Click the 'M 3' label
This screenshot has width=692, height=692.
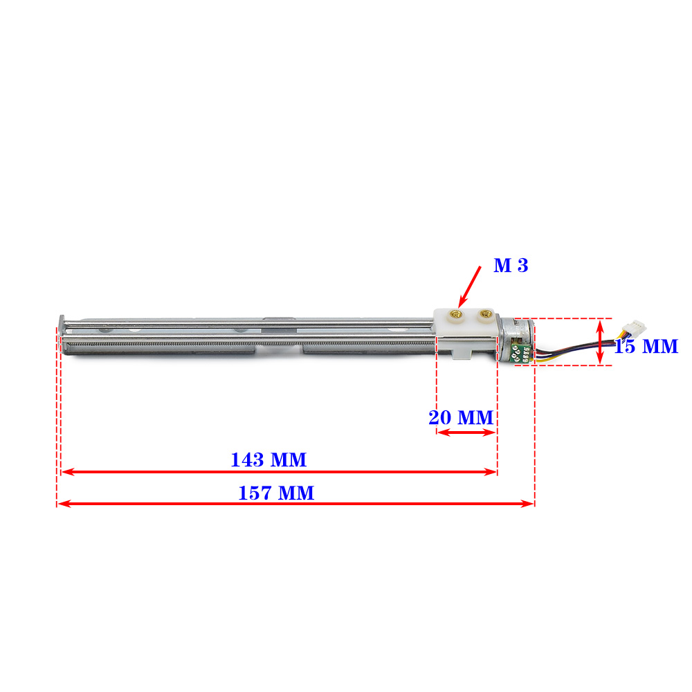[511, 265]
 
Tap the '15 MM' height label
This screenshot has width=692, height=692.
[646, 347]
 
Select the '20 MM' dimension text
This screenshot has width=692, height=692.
[461, 417]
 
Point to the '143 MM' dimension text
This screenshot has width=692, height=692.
[268, 460]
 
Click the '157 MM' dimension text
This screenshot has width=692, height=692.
[276, 493]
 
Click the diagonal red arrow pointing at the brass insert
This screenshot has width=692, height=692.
[470, 287]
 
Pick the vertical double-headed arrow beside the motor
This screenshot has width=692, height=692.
[600, 342]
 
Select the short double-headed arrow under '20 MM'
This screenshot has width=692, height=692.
[466, 432]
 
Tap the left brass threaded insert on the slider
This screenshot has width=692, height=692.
[455, 315]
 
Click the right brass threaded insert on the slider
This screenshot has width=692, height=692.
[484, 314]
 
